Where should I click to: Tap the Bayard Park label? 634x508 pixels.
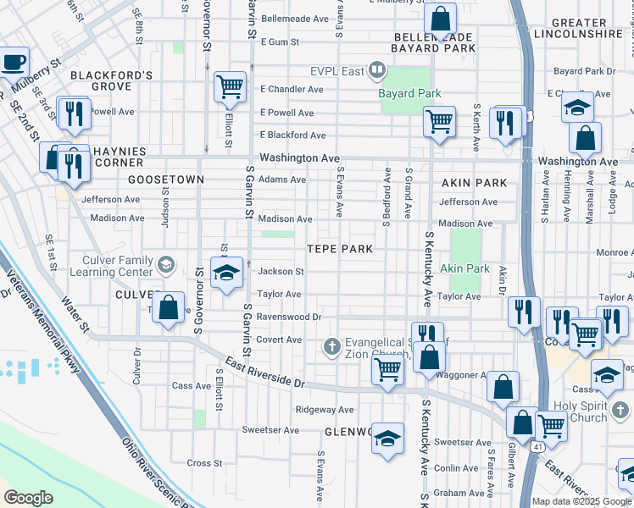[411, 92]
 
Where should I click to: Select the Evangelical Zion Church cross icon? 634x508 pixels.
[331, 345]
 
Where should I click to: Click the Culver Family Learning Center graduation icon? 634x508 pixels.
[165, 265]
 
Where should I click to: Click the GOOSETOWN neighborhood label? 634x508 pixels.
[166, 179]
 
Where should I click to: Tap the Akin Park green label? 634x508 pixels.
[464, 268]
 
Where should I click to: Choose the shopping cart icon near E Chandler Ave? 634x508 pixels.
[230, 86]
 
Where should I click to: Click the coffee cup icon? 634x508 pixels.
[13, 62]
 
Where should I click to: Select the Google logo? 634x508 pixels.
[28, 498]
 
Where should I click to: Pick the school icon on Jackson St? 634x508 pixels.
[226, 273]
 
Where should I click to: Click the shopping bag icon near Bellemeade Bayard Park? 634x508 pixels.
[441, 18]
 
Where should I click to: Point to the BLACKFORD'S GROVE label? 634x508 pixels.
[111, 80]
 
